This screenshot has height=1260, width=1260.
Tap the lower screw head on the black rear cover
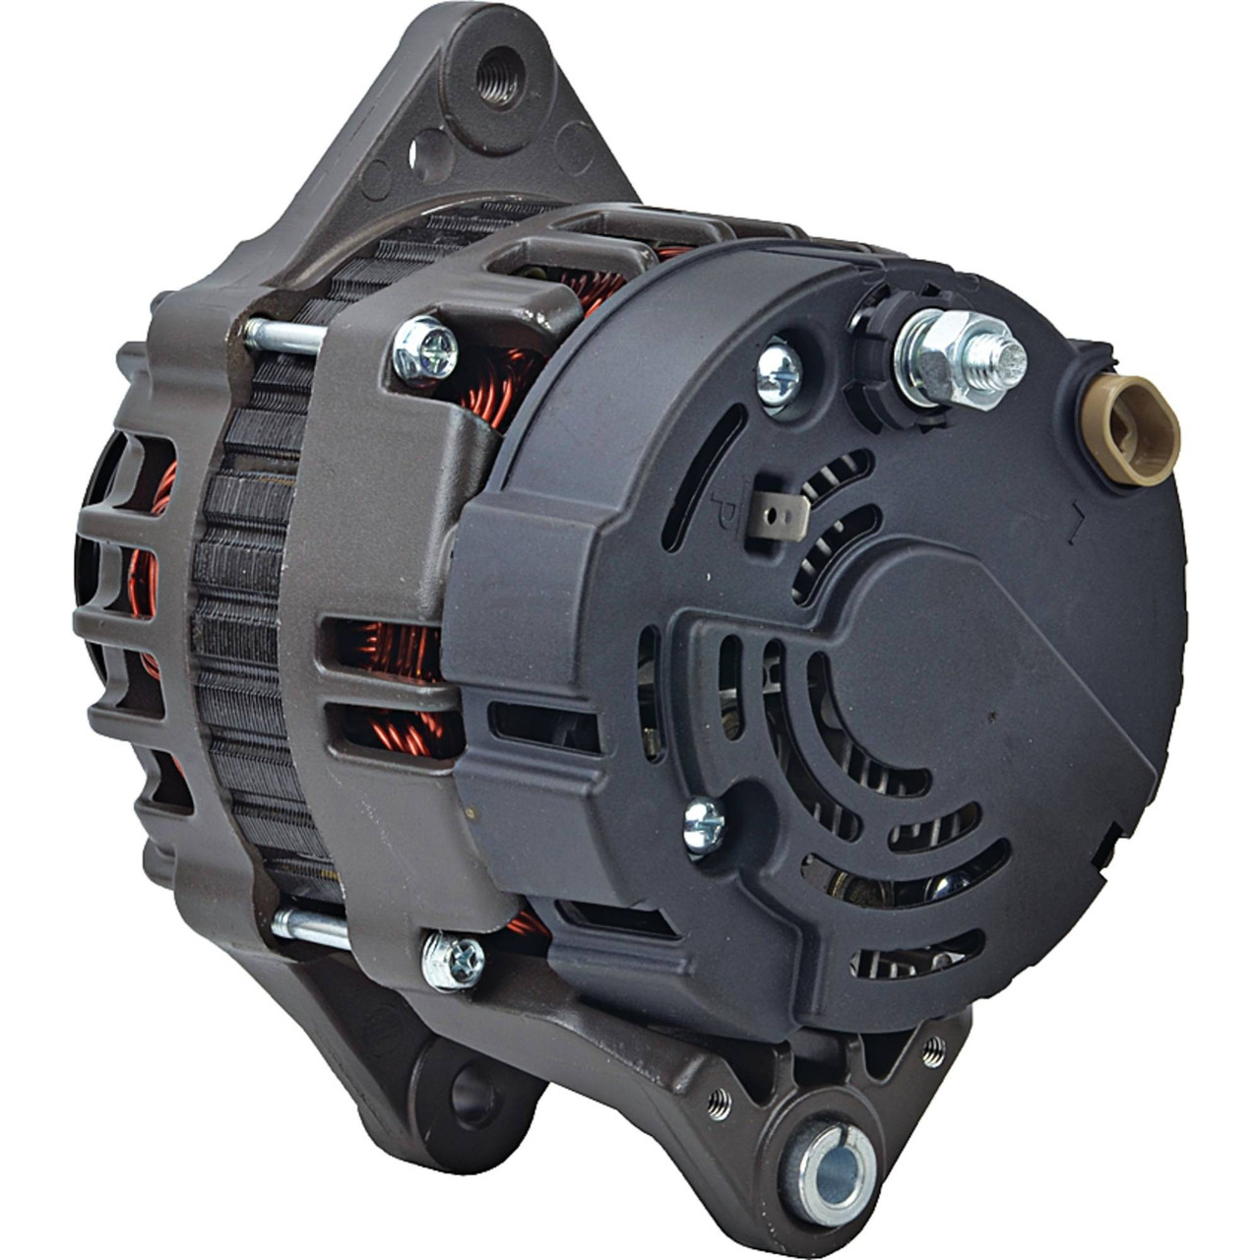click(x=703, y=825)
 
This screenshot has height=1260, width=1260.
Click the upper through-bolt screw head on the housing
click(x=425, y=349)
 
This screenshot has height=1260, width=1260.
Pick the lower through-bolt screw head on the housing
click(x=453, y=961)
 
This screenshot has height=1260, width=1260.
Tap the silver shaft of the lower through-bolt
click(x=309, y=929)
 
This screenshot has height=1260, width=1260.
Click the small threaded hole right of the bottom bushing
click(x=931, y=1053)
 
